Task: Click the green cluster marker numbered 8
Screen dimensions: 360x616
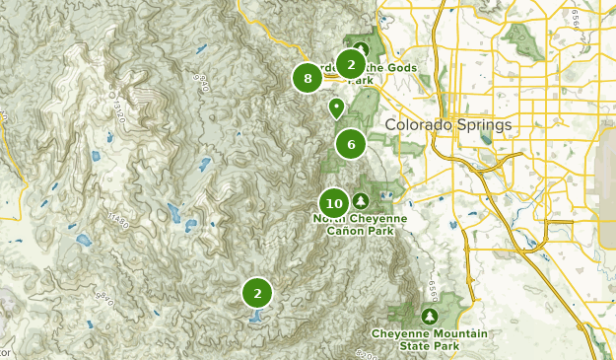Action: point(308,78)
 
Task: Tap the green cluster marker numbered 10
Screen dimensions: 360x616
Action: point(334,203)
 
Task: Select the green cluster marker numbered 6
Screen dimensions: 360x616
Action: point(350,144)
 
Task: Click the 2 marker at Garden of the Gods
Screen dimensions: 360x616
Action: point(350,64)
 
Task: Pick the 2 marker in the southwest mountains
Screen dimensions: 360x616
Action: point(257,292)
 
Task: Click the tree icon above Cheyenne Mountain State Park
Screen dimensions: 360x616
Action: point(429,316)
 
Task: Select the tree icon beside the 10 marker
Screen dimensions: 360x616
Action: point(360,200)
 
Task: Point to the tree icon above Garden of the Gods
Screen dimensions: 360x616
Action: point(362,48)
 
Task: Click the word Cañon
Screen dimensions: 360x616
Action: point(351,232)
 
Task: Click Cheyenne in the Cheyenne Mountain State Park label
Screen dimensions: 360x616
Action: point(398,333)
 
